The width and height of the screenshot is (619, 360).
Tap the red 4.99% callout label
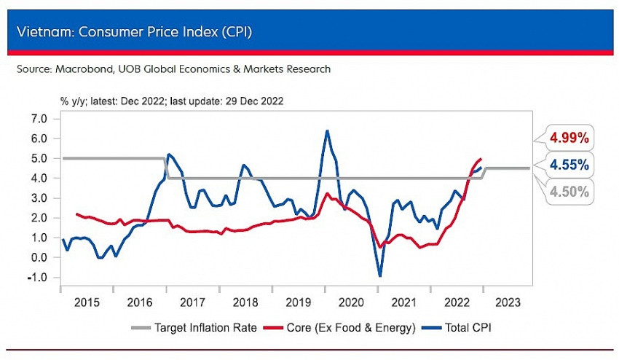click(x=569, y=137)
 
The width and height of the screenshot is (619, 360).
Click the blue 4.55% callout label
click(x=569, y=165)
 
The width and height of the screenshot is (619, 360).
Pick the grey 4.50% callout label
click(x=569, y=192)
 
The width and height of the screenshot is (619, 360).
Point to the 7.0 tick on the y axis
click(x=39, y=118)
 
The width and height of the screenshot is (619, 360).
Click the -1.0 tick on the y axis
click(x=38, y=278)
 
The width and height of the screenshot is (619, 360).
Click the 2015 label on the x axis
click(x=87, y=302)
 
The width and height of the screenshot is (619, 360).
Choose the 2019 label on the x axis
click(x=298, y=302)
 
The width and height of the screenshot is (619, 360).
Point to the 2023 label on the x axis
click(x=508, y=302)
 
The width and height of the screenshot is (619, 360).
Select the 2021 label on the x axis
click(x=403, y=302)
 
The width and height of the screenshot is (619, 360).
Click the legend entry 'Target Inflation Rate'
click(x=205, y=328)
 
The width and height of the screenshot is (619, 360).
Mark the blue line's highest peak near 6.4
click(x=327, y=130)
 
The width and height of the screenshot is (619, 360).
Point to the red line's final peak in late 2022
click(x=480, y=159)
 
